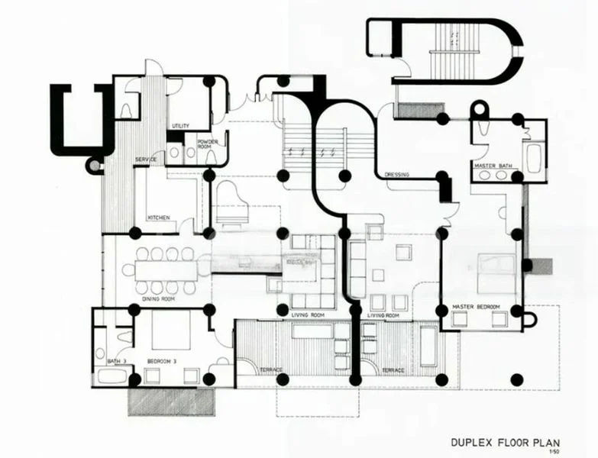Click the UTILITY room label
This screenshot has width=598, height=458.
pos(181,126)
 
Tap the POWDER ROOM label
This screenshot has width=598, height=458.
pos(208,144)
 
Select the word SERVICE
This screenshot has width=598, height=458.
pos(146,159)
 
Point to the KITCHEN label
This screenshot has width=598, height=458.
pos(158,217)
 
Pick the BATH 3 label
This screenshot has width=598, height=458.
pos(116,360)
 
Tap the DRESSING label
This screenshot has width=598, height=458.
pos(397,174)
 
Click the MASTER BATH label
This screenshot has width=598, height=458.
pos(489,165)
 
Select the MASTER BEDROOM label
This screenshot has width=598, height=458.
pos(476,306)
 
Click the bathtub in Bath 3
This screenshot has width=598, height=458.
pos(111,376)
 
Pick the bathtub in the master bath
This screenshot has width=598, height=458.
pos(533,157)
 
